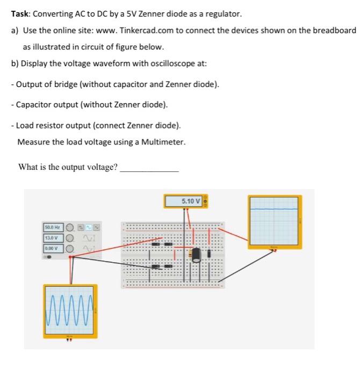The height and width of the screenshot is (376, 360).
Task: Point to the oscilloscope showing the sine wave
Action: click(70, 311)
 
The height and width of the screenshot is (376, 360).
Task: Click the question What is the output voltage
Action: click(68, 167)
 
